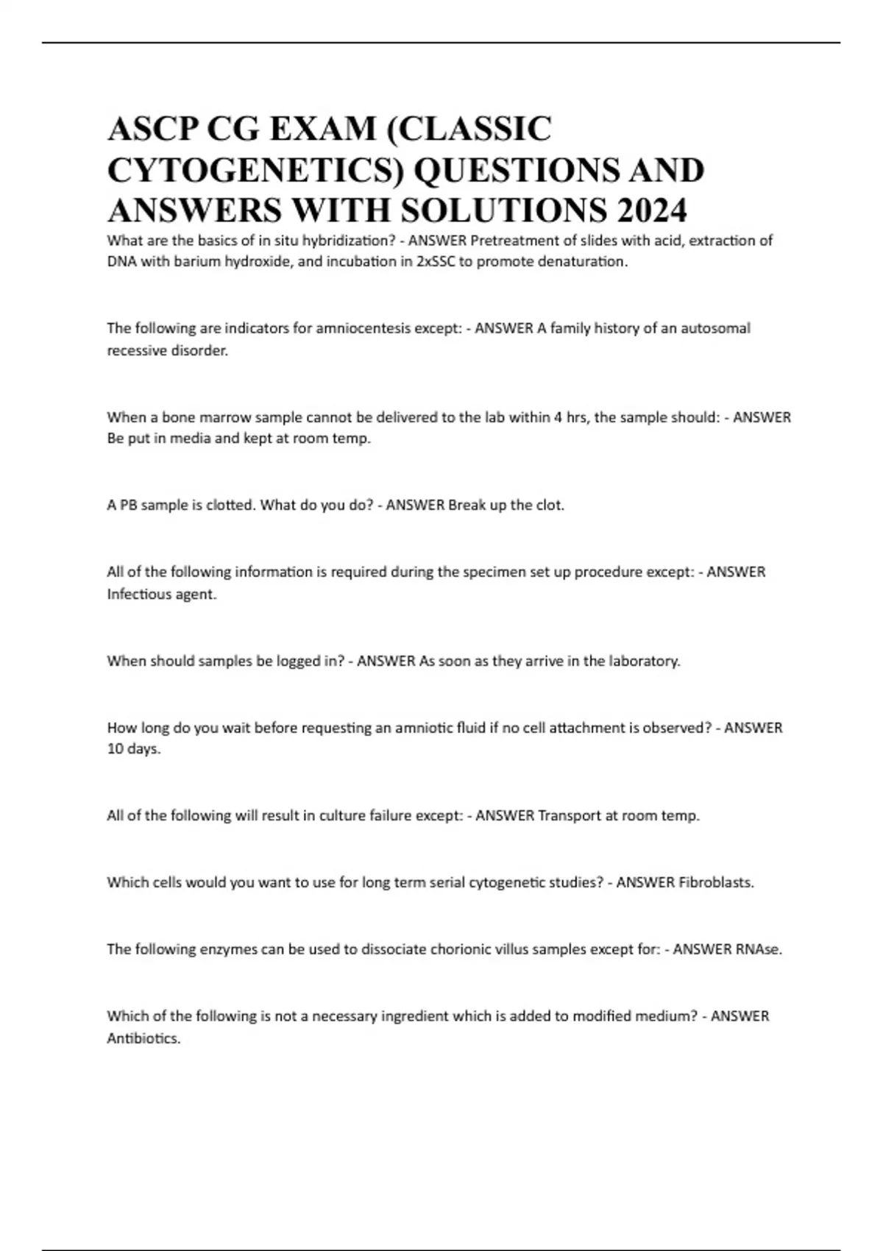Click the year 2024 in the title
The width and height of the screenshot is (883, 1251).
(652, 211)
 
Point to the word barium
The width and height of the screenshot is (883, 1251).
(196, 262)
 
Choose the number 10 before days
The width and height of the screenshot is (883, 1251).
(115, 750)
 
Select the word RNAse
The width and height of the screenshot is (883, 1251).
(758, 949)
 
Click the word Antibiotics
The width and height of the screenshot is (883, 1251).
(143, 1039)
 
